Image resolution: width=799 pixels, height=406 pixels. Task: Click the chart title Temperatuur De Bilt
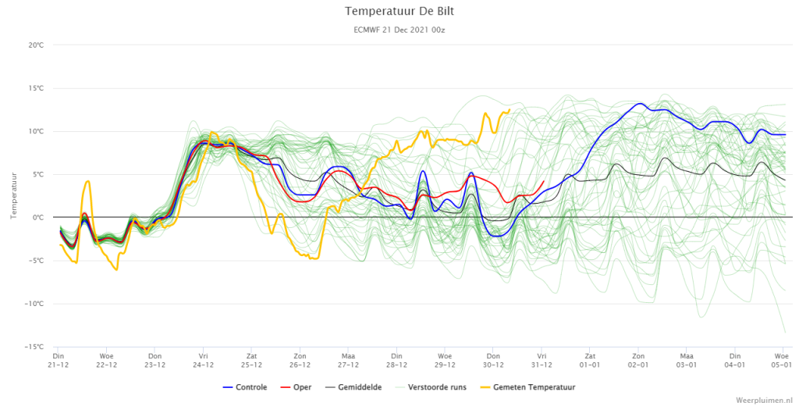[399, 11]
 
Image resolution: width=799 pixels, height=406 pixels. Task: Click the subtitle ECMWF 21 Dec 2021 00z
[399, 30]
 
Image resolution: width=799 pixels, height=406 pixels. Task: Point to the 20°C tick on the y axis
[36, 45]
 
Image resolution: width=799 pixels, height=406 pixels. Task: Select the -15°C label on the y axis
[34, 347]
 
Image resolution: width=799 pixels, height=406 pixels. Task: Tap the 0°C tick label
[37, 218]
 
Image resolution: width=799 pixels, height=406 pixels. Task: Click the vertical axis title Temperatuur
[14, 196]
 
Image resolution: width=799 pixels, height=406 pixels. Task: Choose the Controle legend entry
[245, 387]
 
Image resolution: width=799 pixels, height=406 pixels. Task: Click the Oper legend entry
[296, 387]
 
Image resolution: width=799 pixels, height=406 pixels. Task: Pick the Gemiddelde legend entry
[353, 387]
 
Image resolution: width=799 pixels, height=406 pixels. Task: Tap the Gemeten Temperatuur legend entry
[527, 387]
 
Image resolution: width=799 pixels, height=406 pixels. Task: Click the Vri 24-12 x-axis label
[203, 361]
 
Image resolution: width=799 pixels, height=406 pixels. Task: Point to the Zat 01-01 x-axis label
[590, 361]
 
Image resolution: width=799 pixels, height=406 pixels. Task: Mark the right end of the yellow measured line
[509, 109]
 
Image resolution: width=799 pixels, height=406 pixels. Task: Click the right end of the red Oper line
[544, 181]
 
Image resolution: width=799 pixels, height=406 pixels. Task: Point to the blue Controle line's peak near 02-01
[640, 104]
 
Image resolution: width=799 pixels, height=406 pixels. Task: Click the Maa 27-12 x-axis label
[348, 361]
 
